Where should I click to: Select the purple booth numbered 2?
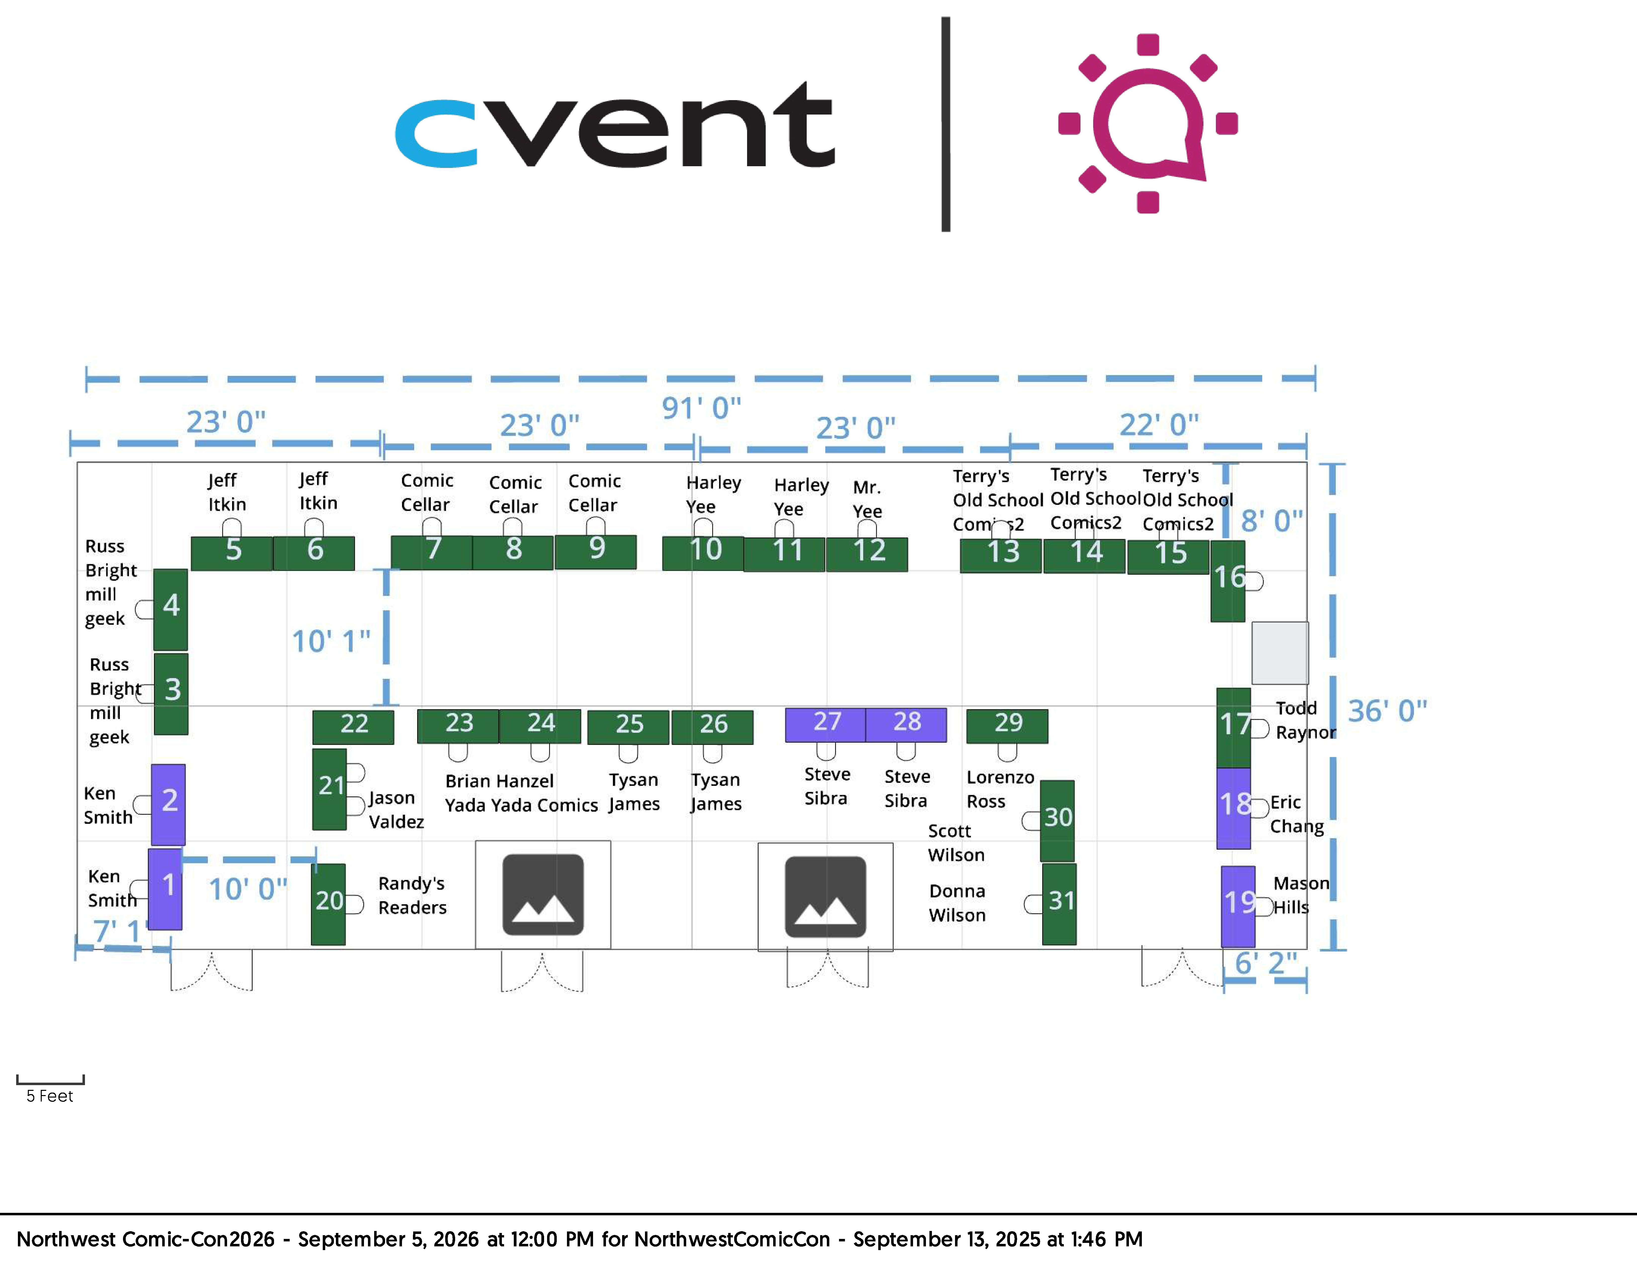pyautogui.click(x=169, y=804)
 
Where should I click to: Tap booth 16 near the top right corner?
pyautogui.click(x=1228, y=582)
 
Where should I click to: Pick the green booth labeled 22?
pyautogui.click(x=353, y=727)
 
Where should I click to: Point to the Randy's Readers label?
pyautogui.click(x=412, y=896)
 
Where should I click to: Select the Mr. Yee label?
pyautogui.click(x=867, y=499)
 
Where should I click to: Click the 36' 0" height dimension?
pyautogui.click(x=1387, y=711)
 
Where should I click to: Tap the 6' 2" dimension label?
pyautogui.click(x=1266, y=963)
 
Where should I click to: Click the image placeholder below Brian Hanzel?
pyautogui.click(x=543, y=895)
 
